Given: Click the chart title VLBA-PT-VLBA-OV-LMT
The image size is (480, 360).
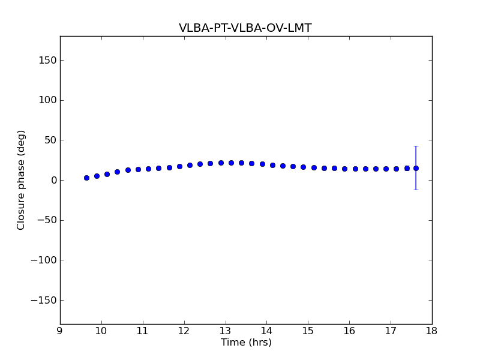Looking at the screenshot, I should (x=245, y=28).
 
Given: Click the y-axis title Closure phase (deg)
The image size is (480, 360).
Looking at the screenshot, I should (x=22, y=180).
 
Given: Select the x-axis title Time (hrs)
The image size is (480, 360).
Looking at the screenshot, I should (x=246, y=343).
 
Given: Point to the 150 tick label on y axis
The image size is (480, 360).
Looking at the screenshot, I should (x=47, y=60).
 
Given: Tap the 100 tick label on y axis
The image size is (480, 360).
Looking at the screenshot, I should (x=47, y=100).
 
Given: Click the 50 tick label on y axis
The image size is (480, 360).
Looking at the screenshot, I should (x=50, y=140).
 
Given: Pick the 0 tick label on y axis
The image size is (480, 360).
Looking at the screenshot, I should (x=53, y=180).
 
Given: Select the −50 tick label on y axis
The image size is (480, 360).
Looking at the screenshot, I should (x=46, y=220).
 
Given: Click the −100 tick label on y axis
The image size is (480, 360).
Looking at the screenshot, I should (x=44, y=260).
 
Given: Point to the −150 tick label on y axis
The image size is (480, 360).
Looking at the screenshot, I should (x=44, y=300).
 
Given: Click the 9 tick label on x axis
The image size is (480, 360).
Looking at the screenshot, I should (x=60, y=331).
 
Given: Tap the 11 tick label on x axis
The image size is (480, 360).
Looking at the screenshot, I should (x=143, y=331).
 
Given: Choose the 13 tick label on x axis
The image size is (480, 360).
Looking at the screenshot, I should (x=226, y=331).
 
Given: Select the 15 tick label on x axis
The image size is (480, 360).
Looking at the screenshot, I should (x=308, y=331).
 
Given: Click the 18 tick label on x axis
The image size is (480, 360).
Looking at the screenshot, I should (x=432, y=331).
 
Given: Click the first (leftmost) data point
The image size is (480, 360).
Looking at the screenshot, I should (x=86, y=178).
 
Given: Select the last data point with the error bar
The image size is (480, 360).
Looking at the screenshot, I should (x=416, y=168).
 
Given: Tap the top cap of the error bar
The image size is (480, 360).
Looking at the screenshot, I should (x=416, y=146).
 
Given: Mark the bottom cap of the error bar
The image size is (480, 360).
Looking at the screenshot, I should (x=416, y=190).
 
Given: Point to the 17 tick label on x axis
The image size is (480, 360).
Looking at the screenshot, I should (x=391, y=331).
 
